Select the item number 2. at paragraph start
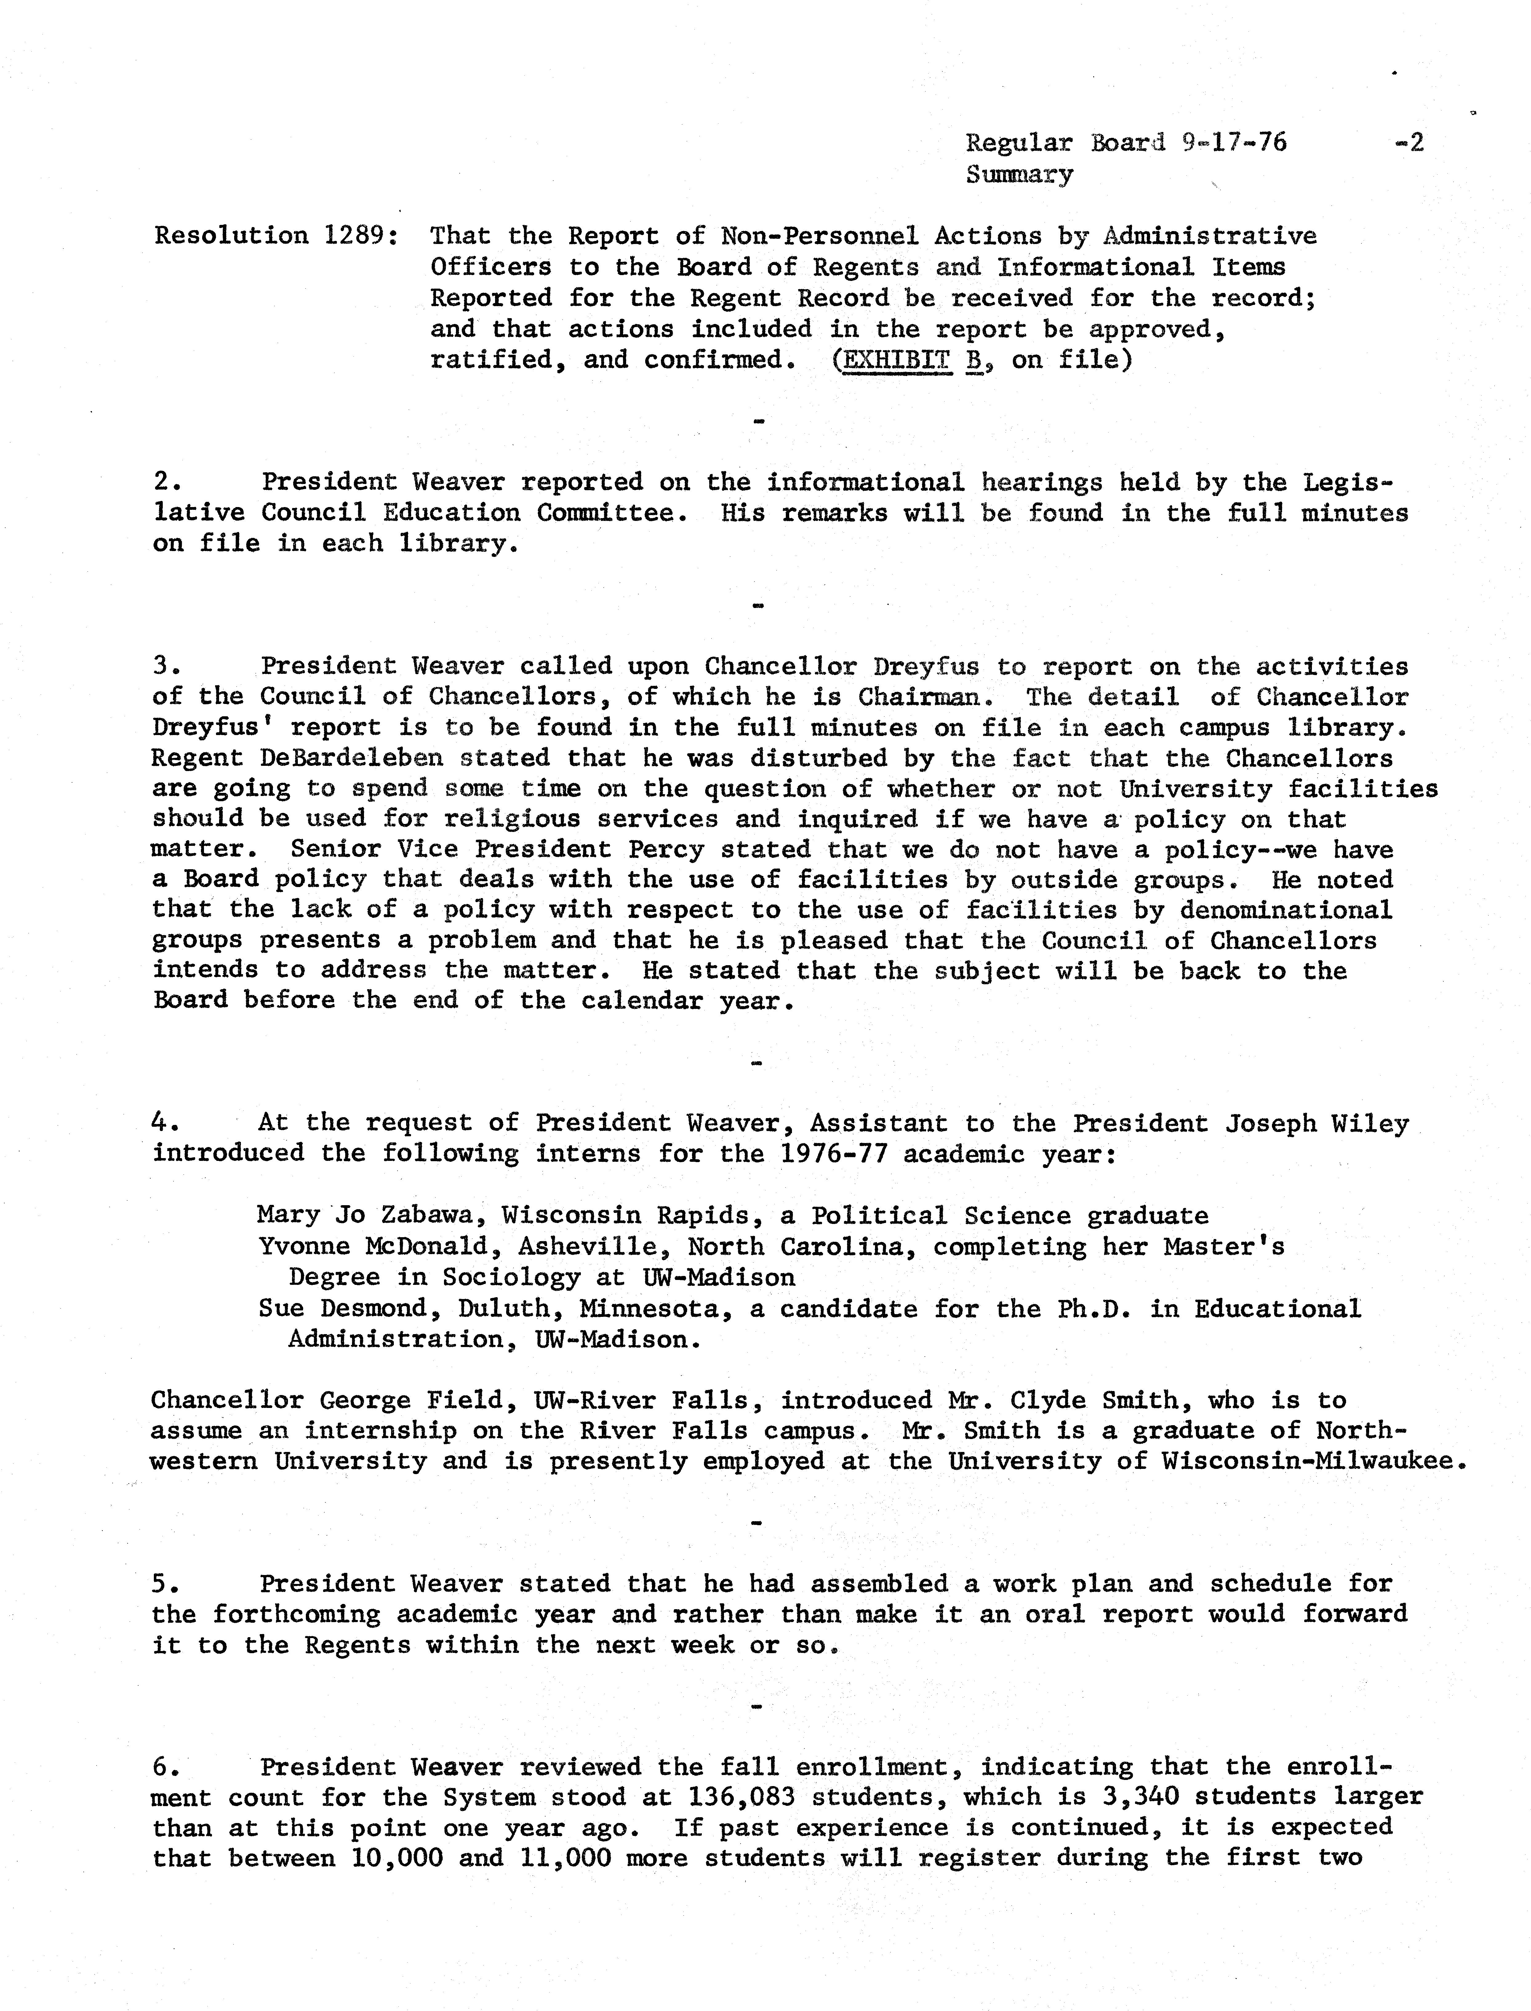coord(165,482)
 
